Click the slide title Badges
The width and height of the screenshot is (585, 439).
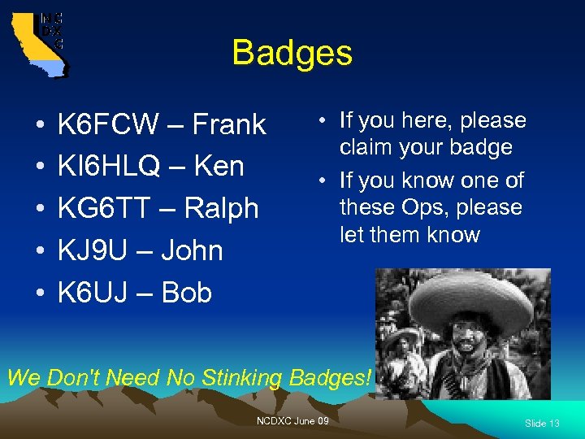point(292,54)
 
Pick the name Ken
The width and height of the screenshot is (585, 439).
point(219,167)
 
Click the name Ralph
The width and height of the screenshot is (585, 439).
point(221,209)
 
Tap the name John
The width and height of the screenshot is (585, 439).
point(192,250)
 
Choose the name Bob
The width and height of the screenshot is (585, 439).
point(187,293)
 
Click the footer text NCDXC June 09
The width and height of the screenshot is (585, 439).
point(292,420)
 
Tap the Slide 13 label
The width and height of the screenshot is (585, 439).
point(542,424)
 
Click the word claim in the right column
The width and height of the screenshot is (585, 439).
point(363,147)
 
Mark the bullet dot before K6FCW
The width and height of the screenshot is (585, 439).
point(40,127)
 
